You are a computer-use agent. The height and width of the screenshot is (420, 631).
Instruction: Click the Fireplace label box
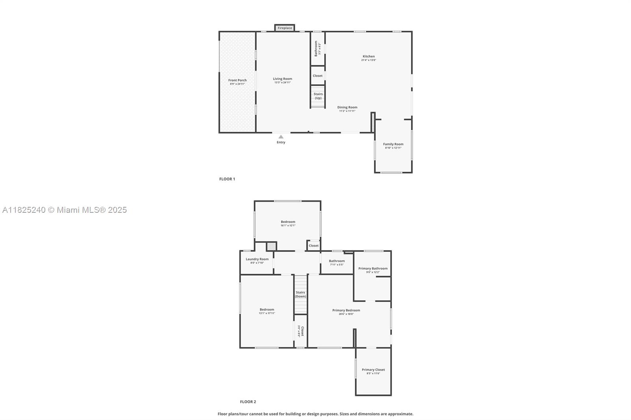pos(285,28)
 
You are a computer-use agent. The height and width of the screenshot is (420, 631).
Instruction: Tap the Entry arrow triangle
pos(281,137)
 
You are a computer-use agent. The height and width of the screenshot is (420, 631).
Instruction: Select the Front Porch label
pos(237,82)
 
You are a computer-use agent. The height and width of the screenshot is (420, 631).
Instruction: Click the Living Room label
pos(282,80)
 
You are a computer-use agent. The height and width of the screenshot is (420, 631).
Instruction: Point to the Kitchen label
pos(369,58)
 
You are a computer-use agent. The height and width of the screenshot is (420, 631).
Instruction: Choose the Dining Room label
pos(347,109)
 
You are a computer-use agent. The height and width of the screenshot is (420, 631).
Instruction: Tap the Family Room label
pos(393,146)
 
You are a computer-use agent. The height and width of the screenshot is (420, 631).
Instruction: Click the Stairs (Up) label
pos(318,96)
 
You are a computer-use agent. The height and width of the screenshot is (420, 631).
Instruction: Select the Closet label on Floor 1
pos(317,76)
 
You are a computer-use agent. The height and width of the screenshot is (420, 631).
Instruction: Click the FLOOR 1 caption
pos(227,179)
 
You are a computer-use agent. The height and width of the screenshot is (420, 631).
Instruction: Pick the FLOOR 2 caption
pos(248,402)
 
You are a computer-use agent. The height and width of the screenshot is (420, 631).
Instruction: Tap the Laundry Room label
pos(257,260)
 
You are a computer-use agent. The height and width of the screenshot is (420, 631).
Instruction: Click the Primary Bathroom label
pos(373,270)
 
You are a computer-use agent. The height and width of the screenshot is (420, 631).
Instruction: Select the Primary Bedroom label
pos(346,312)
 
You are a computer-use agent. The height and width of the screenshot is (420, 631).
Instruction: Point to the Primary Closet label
pos(373,371)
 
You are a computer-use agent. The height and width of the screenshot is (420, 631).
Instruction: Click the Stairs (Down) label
pos(301,294)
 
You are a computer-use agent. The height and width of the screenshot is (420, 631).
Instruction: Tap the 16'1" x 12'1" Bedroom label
pos(288,223)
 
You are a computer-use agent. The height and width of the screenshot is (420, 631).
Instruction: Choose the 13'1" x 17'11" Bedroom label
pos(267,311)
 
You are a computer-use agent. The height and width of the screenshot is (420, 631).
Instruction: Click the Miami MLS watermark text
pos(65,210)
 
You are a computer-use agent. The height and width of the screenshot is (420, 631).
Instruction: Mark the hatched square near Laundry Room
pos(271,247)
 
